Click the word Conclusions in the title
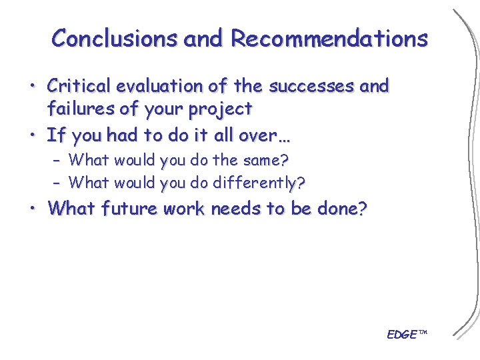point(115,38)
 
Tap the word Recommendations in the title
point(329,38)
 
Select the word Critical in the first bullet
point(79,86)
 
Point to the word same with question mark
point(270,160)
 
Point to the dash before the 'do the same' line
point(57,161)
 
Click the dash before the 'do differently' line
point(57,183)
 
